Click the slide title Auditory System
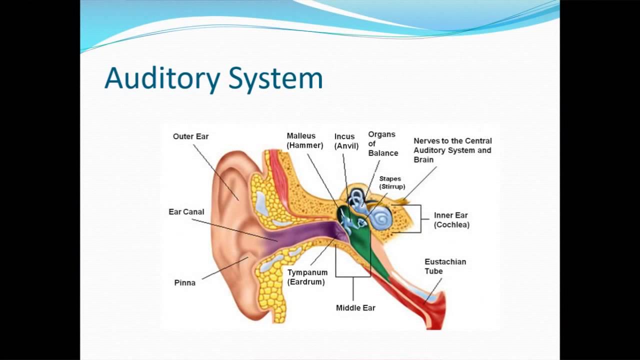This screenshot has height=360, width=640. click(x=213, y=79)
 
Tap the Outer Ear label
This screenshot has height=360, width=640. click(x=190, y=136)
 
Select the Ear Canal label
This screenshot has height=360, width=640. click(x=186, y=212)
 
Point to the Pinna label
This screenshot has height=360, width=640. click(x=184, y=283)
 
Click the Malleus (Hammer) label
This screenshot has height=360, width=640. click(x=305, y=140)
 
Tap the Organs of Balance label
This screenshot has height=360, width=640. click(x=383, y=143)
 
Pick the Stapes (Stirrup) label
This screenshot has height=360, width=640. click(x=392, y=182)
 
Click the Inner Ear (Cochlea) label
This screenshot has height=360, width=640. click(x=451, y=220)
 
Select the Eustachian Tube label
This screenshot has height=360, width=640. click(x=445, y=266)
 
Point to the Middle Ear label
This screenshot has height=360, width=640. click(x=355, y=308)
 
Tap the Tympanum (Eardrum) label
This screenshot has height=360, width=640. click(x=307, y=277)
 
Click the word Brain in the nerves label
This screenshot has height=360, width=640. click(x=423, y=159)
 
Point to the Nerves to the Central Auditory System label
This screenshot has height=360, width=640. click(x=452, y=145)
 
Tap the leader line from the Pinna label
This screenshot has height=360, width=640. click(x=225, y=268)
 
